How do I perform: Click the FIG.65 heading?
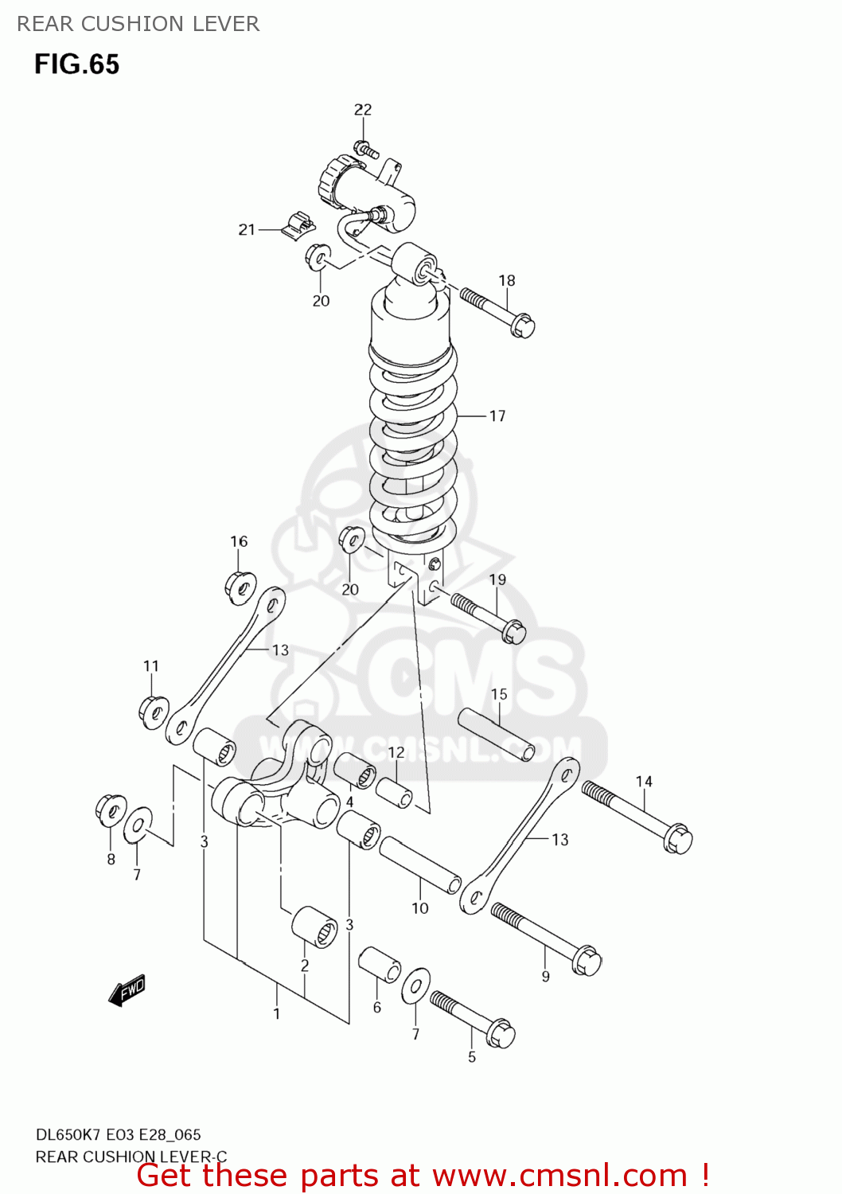pyautogui.click(x=76, y=64)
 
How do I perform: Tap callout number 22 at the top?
pyautogui.click(x=363, y=110)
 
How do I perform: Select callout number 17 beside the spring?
pyautogui.click(x=497, y=416)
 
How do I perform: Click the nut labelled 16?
pyautogui.click(x=240, y=587)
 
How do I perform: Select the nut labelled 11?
pyautogui.click(x=154, y=710)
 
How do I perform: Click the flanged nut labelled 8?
pyautogui.click(x=110, y=809)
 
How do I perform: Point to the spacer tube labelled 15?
pyautogui.click(x=496, y=735)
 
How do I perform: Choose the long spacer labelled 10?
pyautogui.click(x=420, y=864)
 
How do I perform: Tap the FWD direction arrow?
pyautogui.click(x=127, y=990)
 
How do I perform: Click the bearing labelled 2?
pyautogui.click(x=314, y=927)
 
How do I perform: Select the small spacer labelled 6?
pyautogui.click(x=379, y=965)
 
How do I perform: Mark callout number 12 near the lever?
pyautogui.click(x=396, y=752)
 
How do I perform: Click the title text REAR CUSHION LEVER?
pyautogui.click(x=138, y=24)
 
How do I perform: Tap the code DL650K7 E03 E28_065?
pyautogui.click(x=119, y=1135)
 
